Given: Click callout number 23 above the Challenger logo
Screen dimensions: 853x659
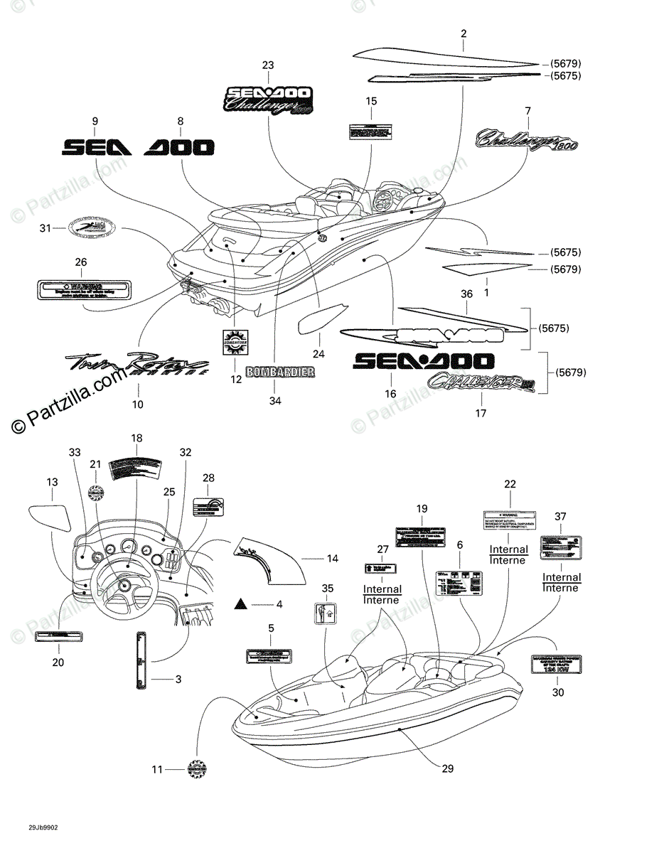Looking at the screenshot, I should [x=267, y=65].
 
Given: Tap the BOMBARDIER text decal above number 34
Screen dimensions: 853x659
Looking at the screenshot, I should [x=279, y=372].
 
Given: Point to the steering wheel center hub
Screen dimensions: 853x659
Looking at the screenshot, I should [x=124, y=586].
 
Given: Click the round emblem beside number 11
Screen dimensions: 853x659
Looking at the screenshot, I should [x=197, y=768].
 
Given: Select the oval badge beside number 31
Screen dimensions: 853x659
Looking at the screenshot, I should [x=90, y=227].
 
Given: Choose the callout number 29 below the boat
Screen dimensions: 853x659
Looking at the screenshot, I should [x=447, y=768].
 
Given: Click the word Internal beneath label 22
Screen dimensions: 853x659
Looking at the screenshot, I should [x=509, y=549].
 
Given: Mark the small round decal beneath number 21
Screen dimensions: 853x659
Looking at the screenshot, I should [x=96, y=491].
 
